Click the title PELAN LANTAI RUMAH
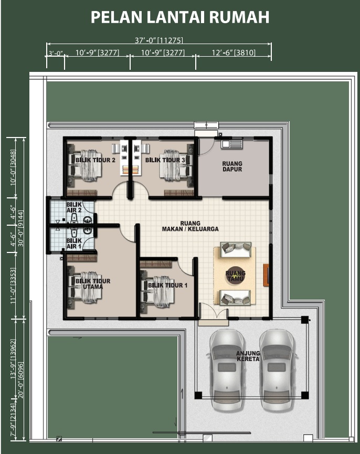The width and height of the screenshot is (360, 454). [x=180, y=17]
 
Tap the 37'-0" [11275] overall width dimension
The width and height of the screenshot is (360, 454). [x=159, y=40]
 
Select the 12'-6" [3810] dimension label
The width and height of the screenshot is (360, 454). [x=234, y=52]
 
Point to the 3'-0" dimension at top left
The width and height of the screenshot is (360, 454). [x=56, y=54]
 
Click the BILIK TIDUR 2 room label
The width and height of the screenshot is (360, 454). [x=96, y=160]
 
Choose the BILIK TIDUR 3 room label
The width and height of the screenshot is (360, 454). [x=165, y=160]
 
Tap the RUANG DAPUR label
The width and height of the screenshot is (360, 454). [x=232, y=166]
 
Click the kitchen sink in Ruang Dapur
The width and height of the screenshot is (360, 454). [x=231, y=144]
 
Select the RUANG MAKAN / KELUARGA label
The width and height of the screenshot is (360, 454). [x=190, y=226]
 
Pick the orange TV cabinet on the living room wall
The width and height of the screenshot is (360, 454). [x=266, y=275]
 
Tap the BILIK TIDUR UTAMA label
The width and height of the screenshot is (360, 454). [x=93, y=284]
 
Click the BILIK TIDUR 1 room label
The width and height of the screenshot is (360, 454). [x=167, y=286]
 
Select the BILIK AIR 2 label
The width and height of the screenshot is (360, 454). [x=74, y=207]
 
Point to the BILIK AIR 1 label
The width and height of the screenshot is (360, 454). [x=74, y=244]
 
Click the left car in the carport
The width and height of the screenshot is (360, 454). [x=227, y=369]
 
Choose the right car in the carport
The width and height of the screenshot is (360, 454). [x=277, y=369]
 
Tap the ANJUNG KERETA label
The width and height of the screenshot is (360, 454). [x=248, y=356]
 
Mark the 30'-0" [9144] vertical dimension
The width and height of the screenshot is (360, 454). [x=21, y=228]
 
